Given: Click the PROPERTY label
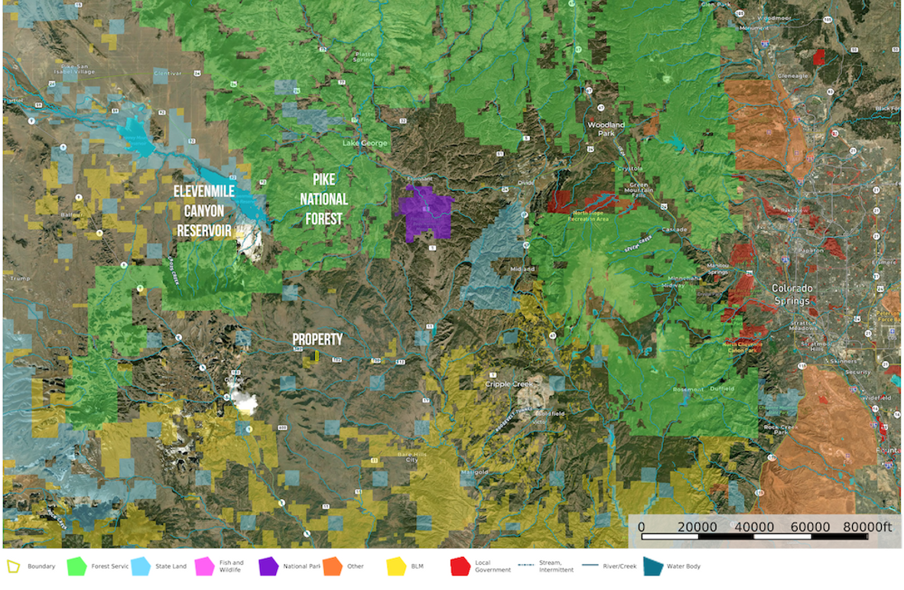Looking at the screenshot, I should [317, 339].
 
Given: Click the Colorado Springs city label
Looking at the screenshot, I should [792, 294].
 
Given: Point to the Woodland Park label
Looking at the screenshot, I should [606, 128].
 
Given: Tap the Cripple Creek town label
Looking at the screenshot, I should [509, 384].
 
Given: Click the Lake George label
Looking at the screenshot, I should [364, 143].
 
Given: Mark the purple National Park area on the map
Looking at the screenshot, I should [425, 213].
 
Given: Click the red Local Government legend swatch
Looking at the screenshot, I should [459, 566].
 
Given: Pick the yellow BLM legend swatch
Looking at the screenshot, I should [395, 566].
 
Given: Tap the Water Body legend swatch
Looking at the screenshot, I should [652, 566].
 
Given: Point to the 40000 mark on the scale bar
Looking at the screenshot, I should [753, 527].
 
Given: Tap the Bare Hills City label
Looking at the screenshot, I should [408, 457].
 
